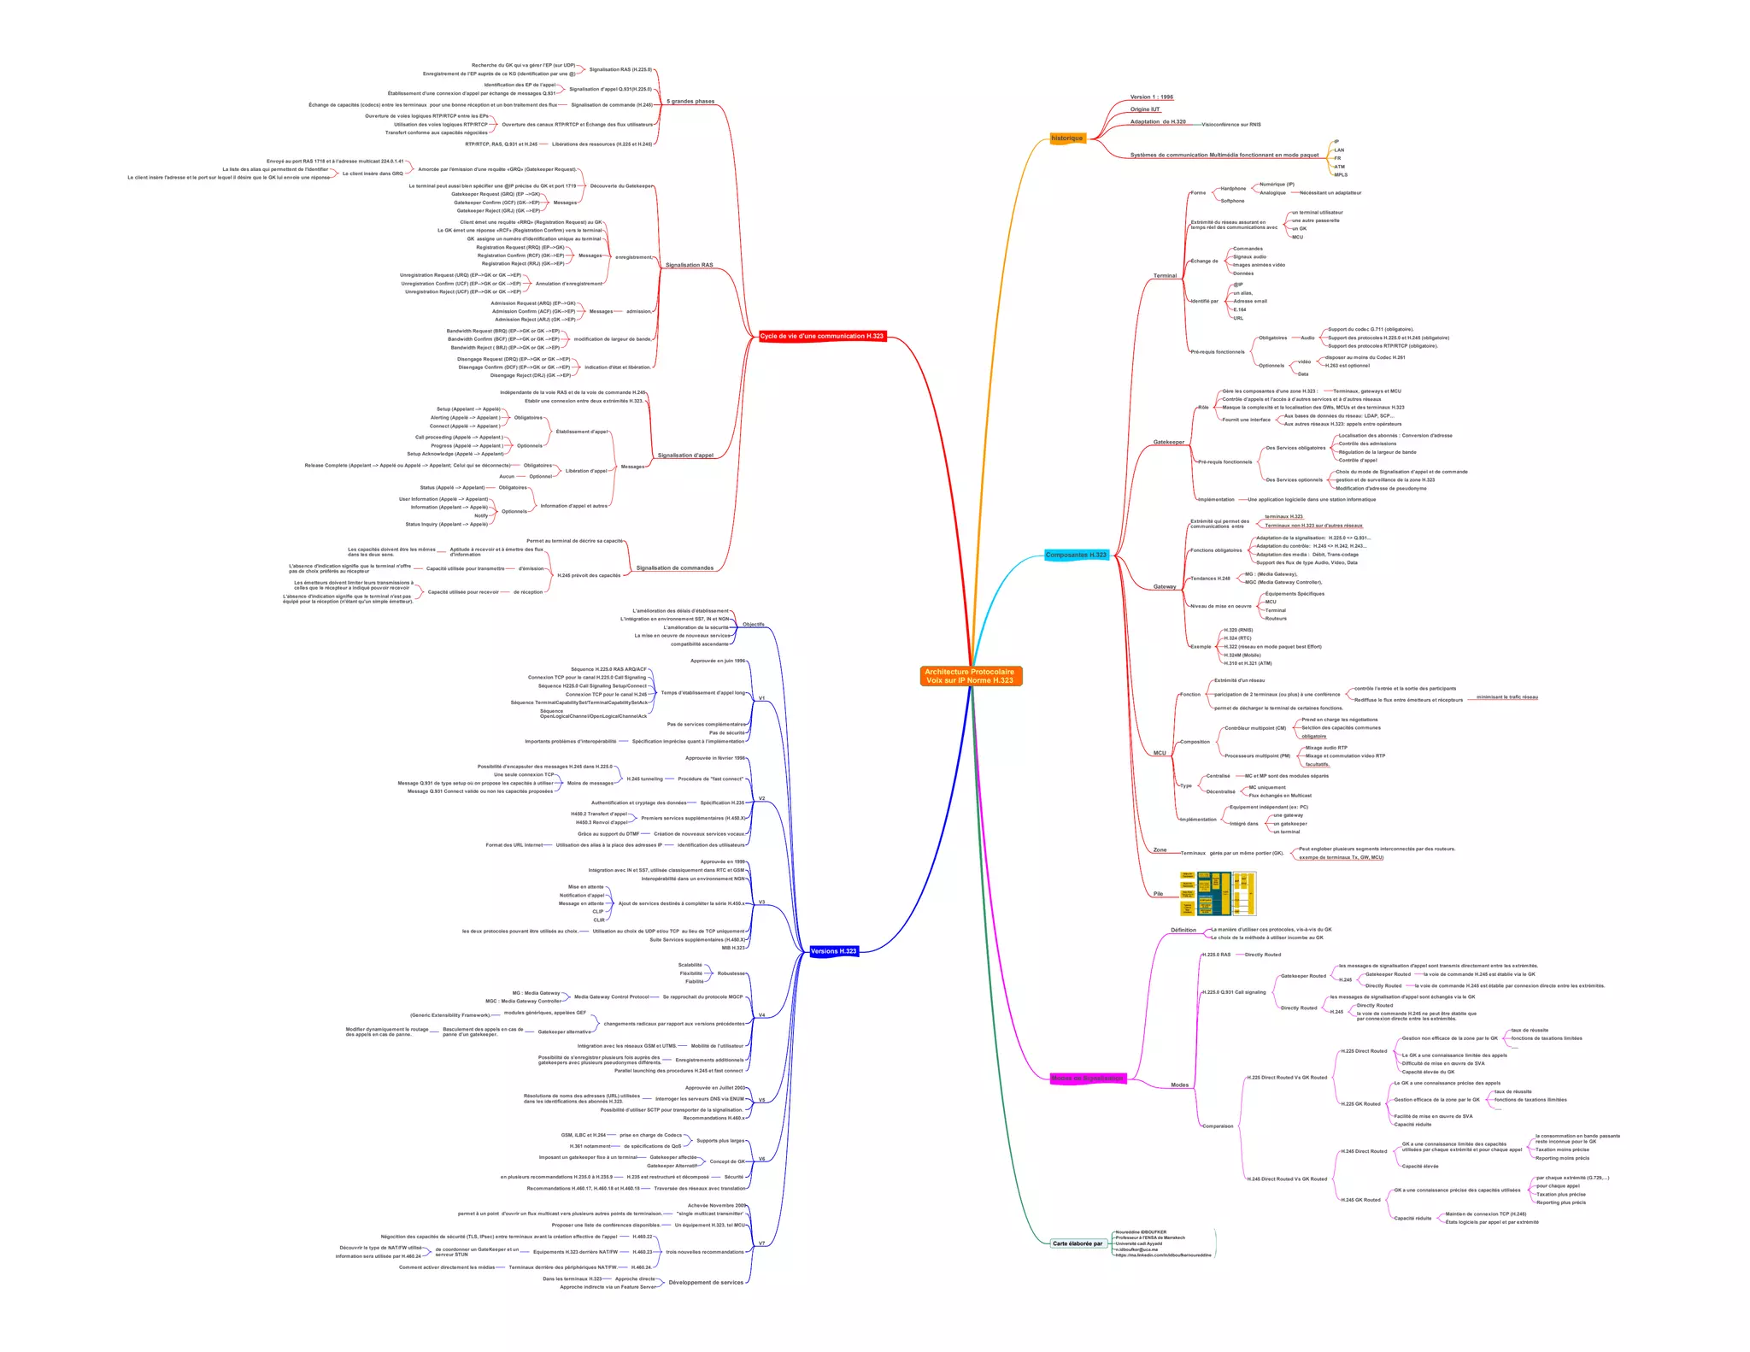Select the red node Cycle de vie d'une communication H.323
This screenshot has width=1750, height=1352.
tap(822, 336)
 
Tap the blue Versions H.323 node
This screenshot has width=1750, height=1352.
tap(833, 951)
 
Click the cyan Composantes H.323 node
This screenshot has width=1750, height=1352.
tap(1076, 555)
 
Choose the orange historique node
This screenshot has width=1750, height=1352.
tap(1066, 138)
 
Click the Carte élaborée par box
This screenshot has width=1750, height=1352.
tap(1078, 1243)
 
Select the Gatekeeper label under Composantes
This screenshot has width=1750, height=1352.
tap(1168, 442)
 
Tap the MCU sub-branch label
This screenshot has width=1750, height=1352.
tap(1160, 753)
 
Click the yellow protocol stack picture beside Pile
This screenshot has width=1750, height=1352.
tap(1218, 893)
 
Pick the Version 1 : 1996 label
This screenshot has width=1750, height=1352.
tap(1151, 97)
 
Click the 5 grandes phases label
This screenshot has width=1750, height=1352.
tap(690, 102)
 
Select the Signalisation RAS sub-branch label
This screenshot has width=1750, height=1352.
tap(689, 265)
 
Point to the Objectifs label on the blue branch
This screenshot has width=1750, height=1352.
tap(754, 625)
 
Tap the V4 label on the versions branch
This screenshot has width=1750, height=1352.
tap(761, 1015)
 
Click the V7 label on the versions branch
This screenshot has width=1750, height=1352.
tap(761, 1243)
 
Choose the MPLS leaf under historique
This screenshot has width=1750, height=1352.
tap(1341, 175)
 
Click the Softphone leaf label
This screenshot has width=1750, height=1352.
tap(1232, 201)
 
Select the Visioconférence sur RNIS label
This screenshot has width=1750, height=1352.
tap(1230, 125)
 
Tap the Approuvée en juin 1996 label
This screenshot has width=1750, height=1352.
tap(718, 661)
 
